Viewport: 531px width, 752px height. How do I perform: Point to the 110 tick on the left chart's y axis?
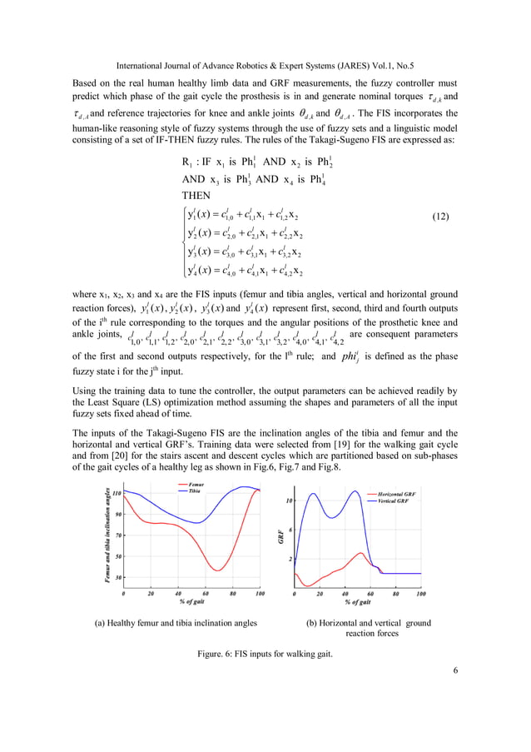coord(117,493)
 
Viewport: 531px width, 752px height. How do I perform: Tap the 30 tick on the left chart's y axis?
coord(118,577)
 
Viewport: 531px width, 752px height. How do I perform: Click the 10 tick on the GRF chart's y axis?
coord(289,501)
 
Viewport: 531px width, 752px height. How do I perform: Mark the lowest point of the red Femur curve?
coord(217,570)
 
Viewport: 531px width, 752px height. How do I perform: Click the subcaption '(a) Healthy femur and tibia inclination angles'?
coord(176,622)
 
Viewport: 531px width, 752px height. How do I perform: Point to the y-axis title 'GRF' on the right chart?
coord(281,538)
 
